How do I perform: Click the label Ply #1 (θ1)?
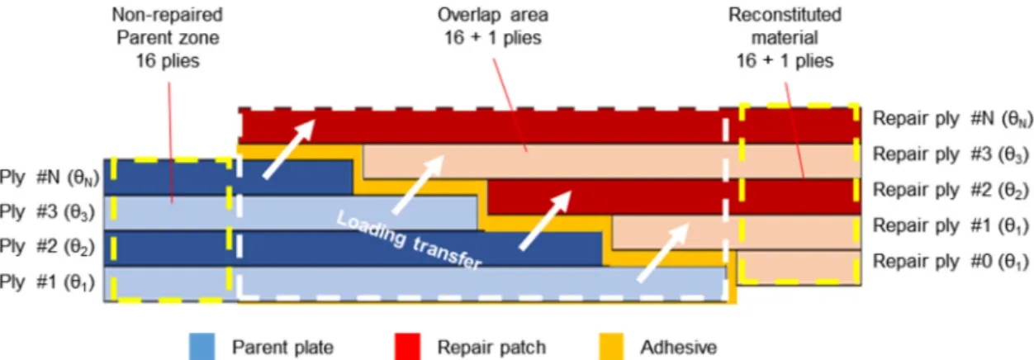(47, 282)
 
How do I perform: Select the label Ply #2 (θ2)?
(47, 247)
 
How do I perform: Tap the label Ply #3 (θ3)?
(47, 212)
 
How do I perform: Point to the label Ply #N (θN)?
(50, 178)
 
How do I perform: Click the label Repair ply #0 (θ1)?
(951, 262)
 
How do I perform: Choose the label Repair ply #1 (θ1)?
(951, 225)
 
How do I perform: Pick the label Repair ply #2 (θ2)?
(951, 190)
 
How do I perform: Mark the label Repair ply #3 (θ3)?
(951, 154)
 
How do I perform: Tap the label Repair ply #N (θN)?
(952, 119)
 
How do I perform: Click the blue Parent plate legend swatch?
(202, 346)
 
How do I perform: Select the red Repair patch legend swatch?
(408, 346)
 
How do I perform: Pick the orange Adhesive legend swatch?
(611, 346)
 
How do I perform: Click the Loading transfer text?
(409, 240)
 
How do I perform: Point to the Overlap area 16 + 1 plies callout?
(492, 26)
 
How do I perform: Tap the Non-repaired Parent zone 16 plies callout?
(168, 38)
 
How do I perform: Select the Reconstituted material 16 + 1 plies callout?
(785, 38)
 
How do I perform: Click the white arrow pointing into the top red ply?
(289, 149)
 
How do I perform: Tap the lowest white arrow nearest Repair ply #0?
(663, 253)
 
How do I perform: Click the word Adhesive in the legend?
(679, 347)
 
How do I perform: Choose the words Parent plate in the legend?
(282, 347)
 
